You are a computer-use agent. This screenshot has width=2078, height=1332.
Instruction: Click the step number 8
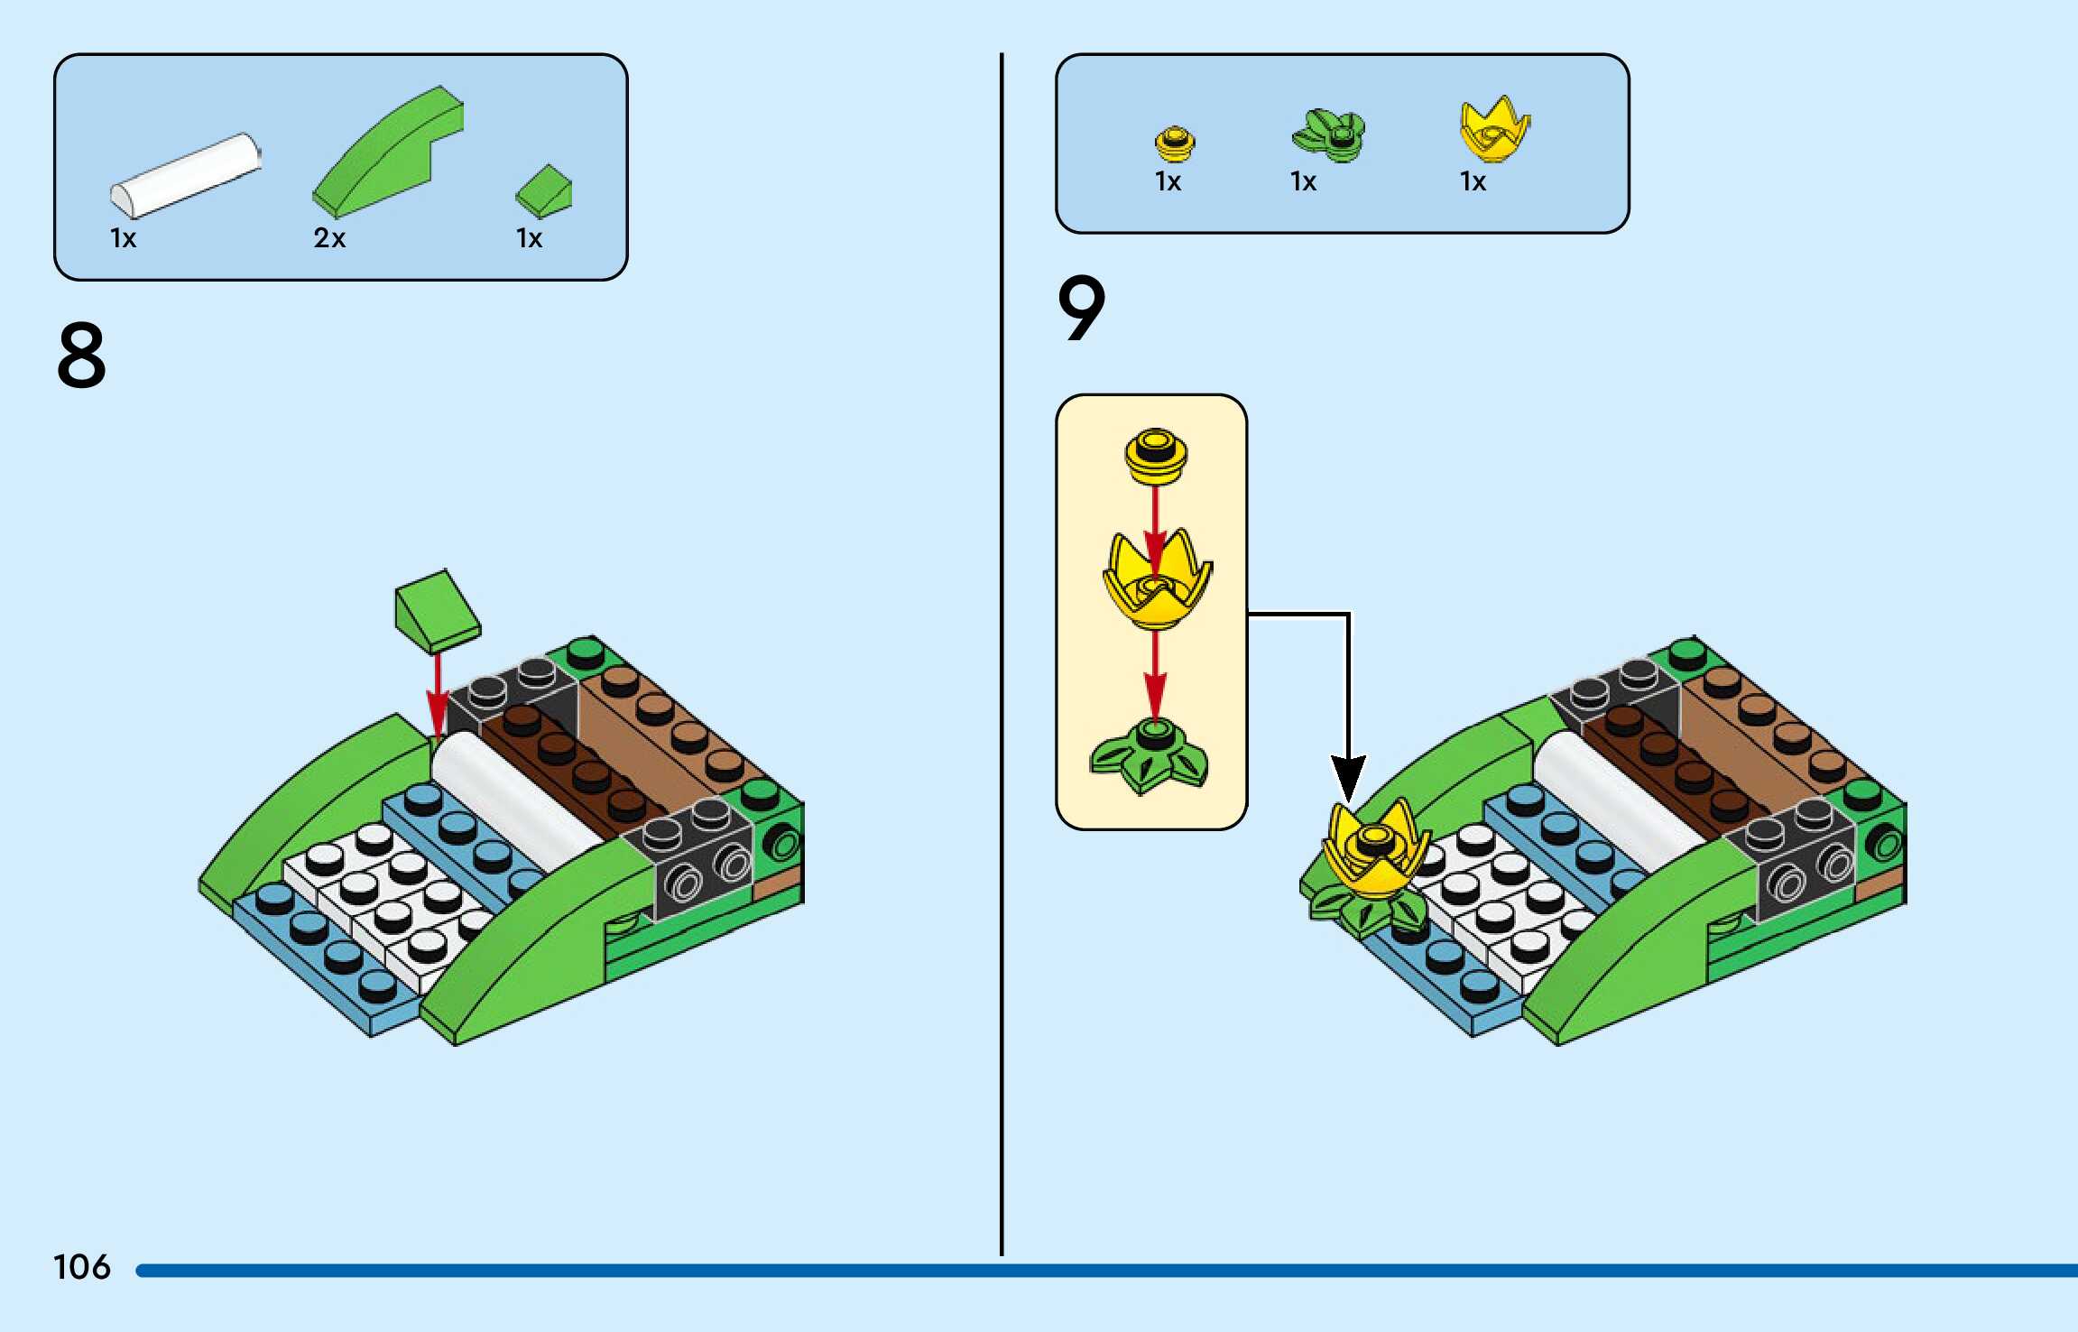coord(81,356)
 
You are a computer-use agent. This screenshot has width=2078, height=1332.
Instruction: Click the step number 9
coord(1081,309)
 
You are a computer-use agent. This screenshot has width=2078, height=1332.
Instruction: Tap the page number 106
coord(81,1267)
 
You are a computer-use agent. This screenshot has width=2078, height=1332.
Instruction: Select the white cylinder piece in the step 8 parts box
coord(185,175)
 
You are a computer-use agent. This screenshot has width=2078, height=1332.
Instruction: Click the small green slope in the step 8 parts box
coord(544,190)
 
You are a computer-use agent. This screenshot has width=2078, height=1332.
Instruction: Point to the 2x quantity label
coord(329,238)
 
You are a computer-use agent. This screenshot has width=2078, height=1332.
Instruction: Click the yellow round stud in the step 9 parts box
coord(1175,143)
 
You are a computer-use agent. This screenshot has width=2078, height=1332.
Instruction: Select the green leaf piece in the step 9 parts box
coord(1328,135)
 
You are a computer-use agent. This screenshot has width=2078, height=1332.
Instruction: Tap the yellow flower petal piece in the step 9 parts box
coord(1493,131)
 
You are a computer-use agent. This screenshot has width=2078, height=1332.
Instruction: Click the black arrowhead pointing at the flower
coord(1348,778)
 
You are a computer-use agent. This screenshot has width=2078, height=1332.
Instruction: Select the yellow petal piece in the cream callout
coord(1157,582)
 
